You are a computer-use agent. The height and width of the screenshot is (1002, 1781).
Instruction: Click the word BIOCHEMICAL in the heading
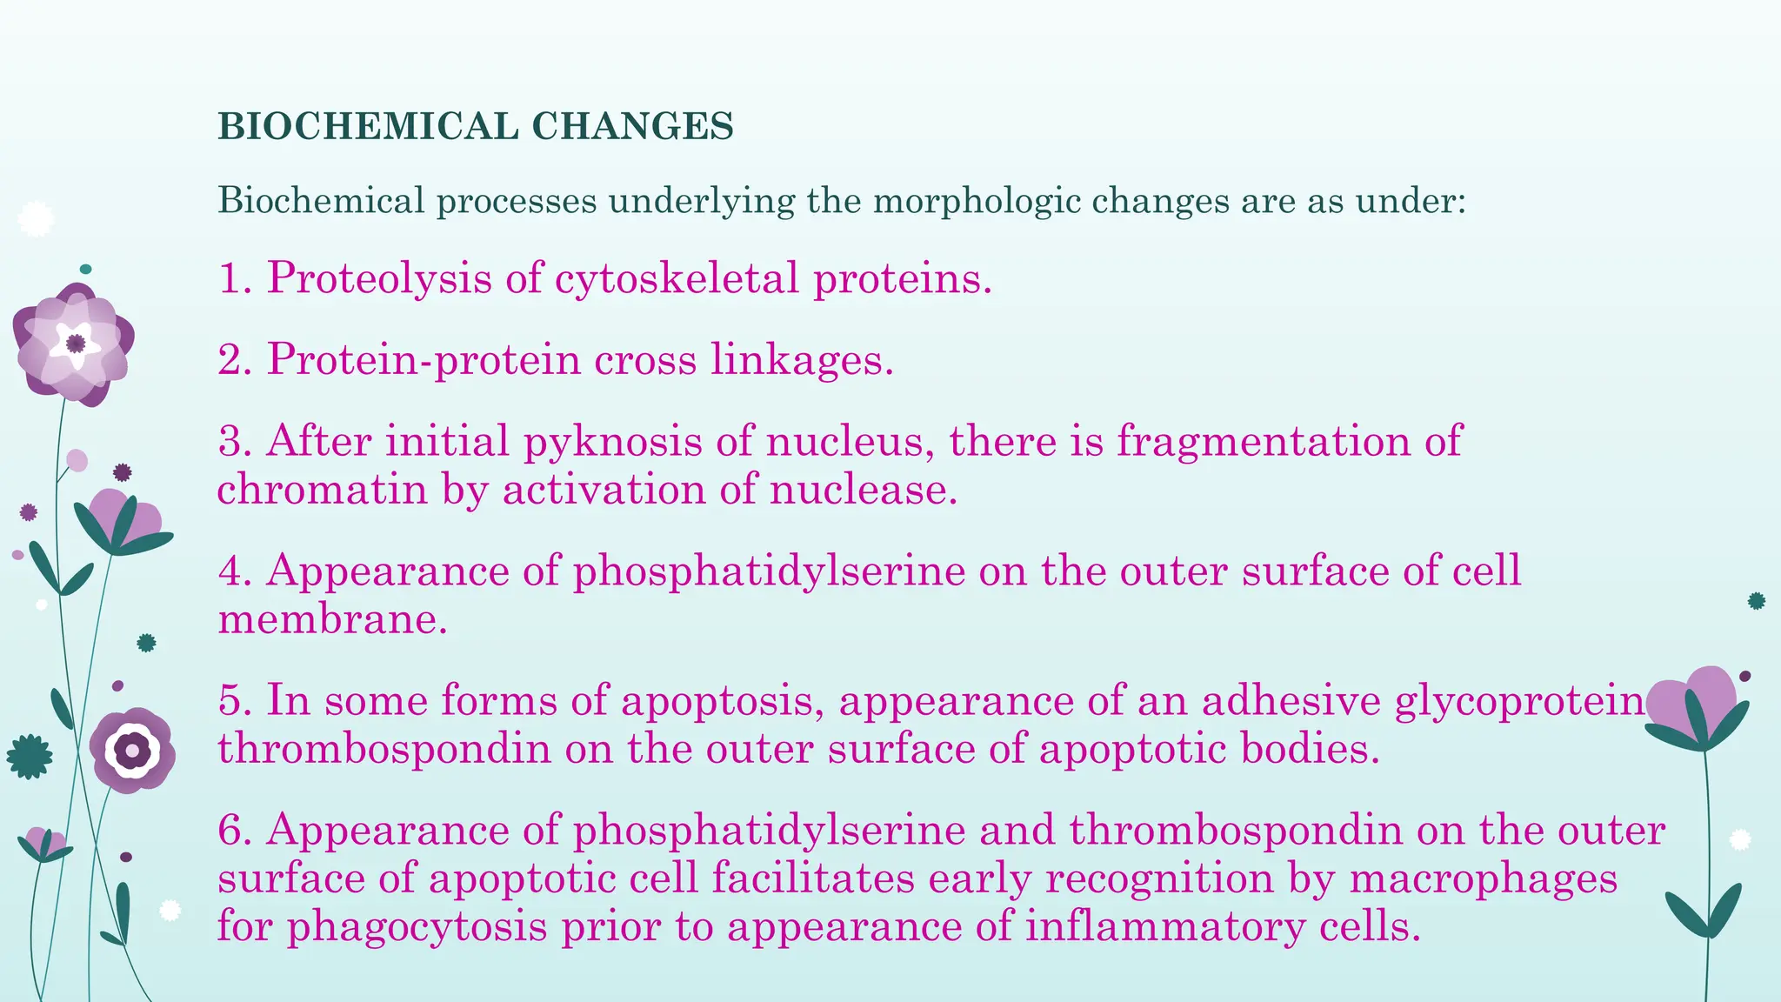[x=368, y=127]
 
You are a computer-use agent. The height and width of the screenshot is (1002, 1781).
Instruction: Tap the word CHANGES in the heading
[x=632, y=127]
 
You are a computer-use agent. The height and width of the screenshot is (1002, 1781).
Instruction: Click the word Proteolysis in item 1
[x=378, y=279]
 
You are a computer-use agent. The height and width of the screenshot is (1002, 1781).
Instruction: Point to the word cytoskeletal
[x=676, y=279]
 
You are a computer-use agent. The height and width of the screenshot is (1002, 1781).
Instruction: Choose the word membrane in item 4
[x=332, y=620]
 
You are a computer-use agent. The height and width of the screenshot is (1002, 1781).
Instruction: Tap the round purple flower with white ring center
[x=132, y=750]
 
